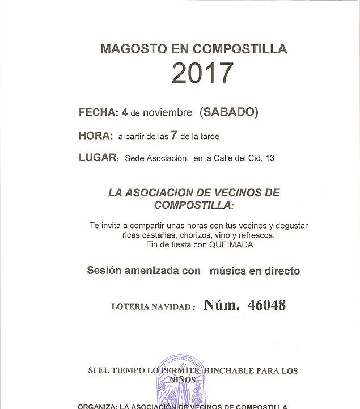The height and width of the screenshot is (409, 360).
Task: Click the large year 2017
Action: tap(202, 73)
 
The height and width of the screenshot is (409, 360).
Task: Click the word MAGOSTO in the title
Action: tap(129, 49)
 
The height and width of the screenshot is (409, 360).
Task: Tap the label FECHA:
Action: tap(99, 112)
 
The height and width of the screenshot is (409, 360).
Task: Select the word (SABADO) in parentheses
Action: tap(228, 112)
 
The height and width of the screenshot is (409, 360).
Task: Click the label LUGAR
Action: tap(98, 158)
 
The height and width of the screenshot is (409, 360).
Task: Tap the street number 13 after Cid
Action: tap(269, 158)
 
